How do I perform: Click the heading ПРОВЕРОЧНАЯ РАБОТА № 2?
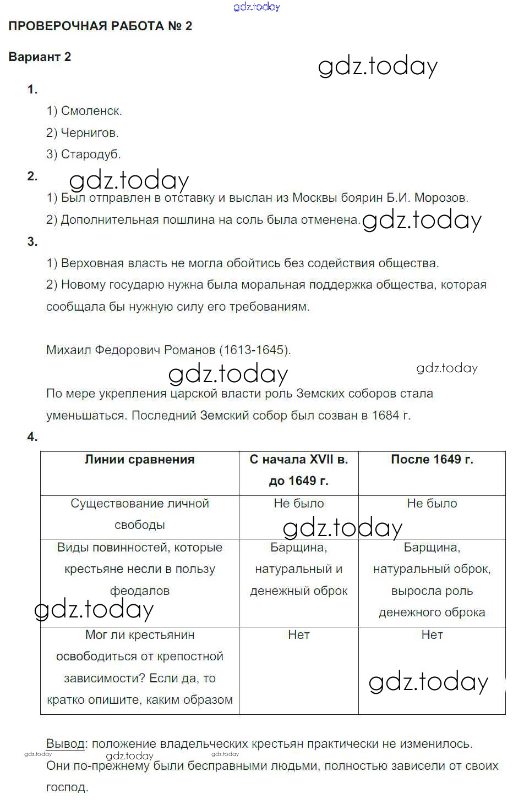coord(100,26)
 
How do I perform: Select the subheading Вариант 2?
coord(40,57)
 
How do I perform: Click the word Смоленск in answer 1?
coord(91,111)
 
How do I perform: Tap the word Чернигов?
coord(89,133)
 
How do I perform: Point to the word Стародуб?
coord(90,155)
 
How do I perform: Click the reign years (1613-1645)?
coord(255,350)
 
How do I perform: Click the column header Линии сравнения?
coord(139,460)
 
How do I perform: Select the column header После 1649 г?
coord(432,460)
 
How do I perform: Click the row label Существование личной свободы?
coord(139,514)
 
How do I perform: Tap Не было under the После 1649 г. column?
coord(432,504)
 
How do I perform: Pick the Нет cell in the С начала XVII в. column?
coord(298,635)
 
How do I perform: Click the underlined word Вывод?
coord(66,744)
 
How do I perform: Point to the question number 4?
coord(32,437)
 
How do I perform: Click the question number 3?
coord(32,242)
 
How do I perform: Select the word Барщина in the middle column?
coord(298,548)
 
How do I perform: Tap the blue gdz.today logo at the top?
coord(256,7)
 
